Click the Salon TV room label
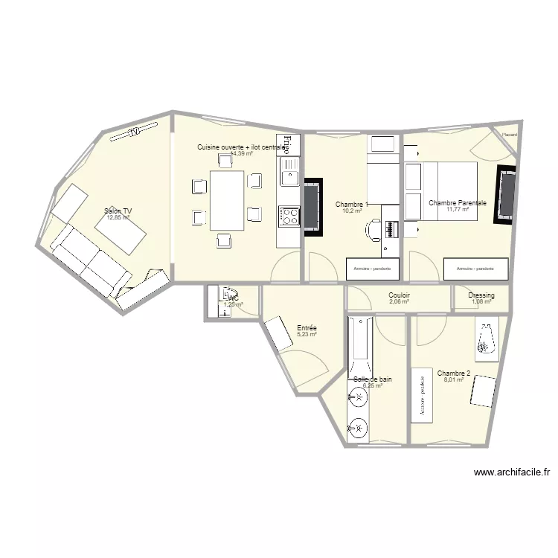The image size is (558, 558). tap(119, 211)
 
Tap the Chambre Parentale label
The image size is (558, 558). tap(458, 202)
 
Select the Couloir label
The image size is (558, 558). tap(400, 295)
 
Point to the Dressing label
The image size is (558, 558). tap(481, 295)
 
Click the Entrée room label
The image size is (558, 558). tap(307, 327)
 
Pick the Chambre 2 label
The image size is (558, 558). tap(454, 373)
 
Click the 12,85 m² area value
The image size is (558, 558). tap(119, 218)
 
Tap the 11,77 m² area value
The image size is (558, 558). tap(458, 210)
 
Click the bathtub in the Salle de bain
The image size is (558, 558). tap(360, 347)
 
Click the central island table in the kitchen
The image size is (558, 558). tap(227, 200)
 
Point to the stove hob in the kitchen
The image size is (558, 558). tap(288, 216)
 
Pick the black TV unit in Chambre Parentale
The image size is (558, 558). tap(506, 195)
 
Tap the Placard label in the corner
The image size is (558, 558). tap(509, 135)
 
